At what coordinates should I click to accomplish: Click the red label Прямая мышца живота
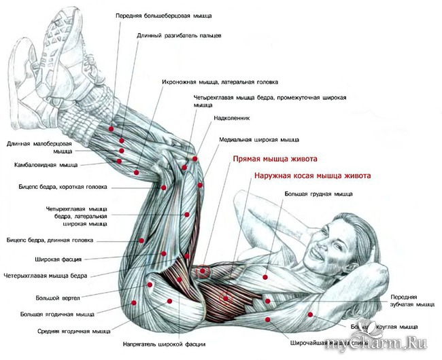[275, 160]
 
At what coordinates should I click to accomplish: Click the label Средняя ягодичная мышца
[74, 331]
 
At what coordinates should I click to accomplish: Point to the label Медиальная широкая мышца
[258, 140]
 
